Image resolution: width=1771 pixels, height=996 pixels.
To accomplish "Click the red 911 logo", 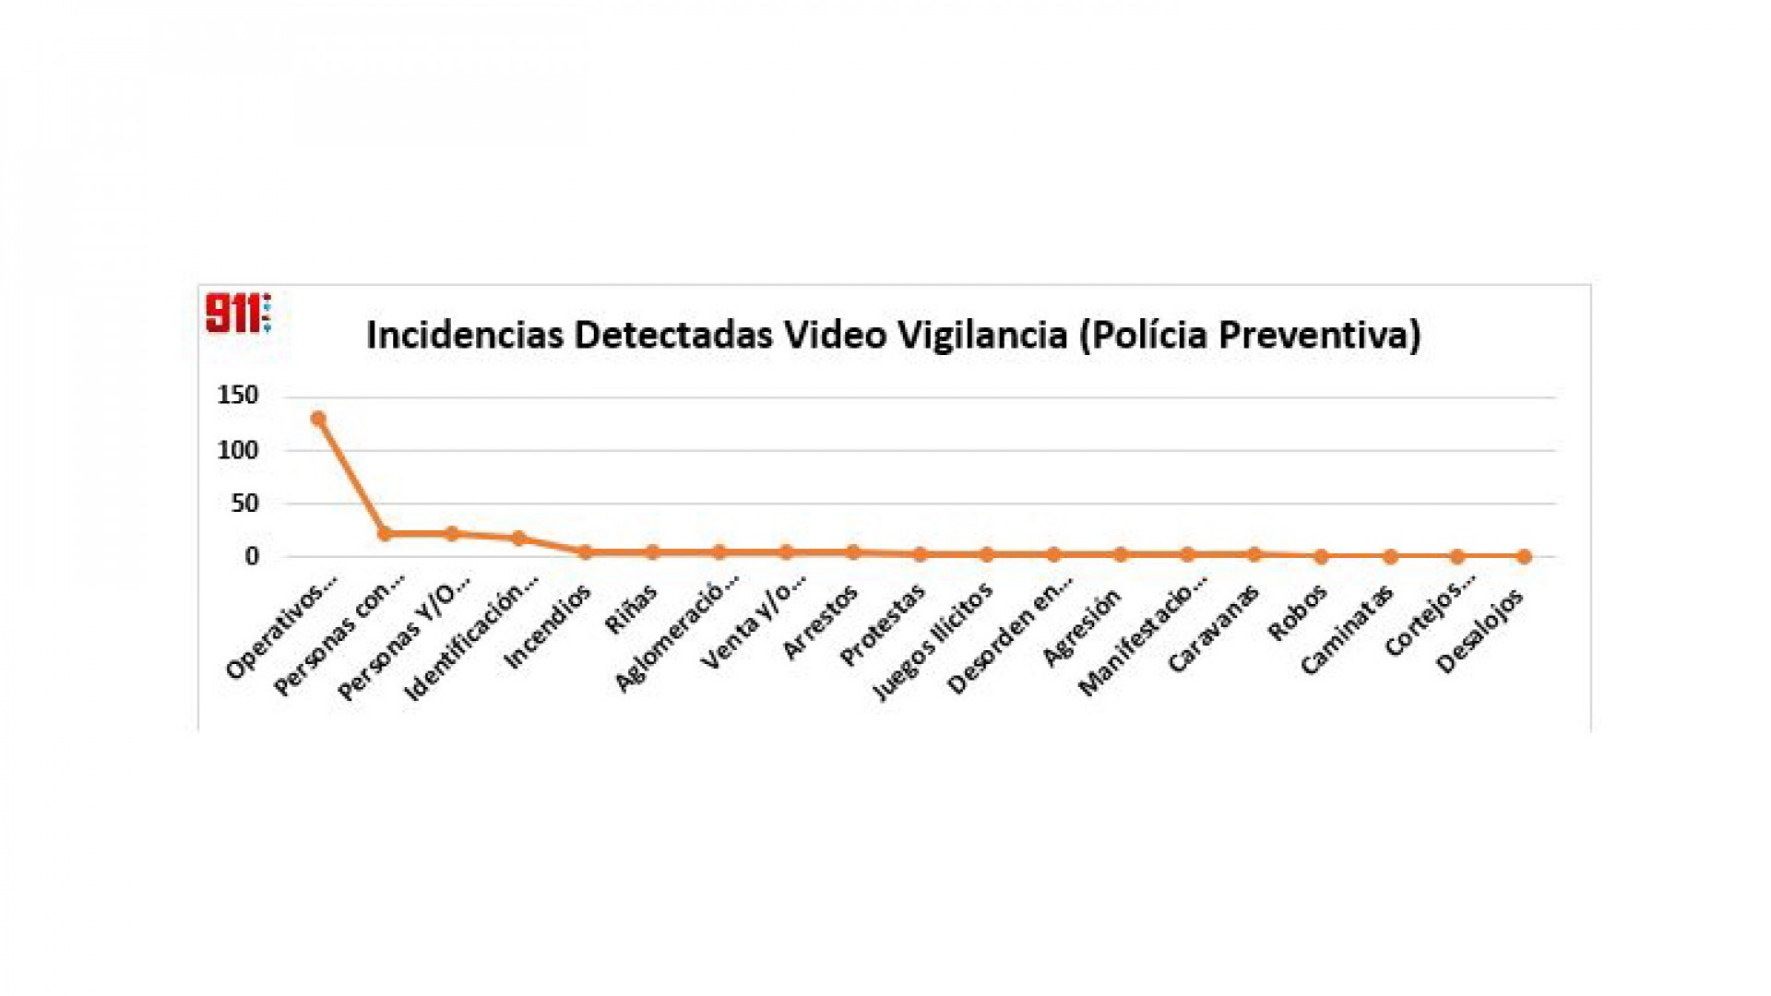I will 237,313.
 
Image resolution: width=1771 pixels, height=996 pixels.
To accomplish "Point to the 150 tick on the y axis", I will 238,396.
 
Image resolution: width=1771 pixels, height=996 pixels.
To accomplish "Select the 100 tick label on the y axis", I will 238,450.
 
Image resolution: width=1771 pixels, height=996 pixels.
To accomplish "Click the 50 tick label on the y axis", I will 244,504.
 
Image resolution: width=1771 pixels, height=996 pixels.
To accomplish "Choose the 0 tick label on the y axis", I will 252,557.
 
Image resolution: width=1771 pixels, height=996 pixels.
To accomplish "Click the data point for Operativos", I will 318,419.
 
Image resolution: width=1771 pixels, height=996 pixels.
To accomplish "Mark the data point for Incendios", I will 586,552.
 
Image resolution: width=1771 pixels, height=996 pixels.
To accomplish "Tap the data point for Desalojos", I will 1524,556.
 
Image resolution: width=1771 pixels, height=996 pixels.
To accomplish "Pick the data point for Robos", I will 1322,556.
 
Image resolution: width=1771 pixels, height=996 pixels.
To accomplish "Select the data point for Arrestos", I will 853,552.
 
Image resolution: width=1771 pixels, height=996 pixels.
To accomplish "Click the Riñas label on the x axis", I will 631,610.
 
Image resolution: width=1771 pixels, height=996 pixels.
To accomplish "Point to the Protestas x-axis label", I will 883,625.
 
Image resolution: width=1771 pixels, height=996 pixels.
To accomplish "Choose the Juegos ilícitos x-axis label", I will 933,641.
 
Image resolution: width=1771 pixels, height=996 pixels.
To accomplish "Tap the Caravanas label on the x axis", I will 1213,629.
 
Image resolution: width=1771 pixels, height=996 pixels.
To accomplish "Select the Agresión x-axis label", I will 1082,626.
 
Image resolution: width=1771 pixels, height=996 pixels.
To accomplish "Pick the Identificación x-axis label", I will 472,640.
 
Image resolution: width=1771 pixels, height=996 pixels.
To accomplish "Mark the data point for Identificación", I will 518,539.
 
